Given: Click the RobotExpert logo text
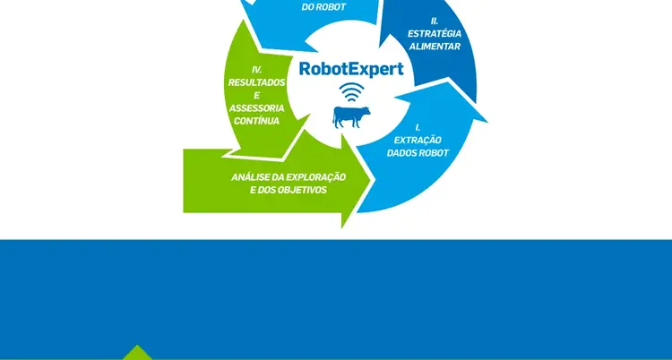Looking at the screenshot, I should click(350, 69).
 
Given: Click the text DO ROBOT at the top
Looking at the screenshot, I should click(324, 7).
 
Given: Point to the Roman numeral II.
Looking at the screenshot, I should click(435, 19).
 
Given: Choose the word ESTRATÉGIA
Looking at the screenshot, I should click(434, 34).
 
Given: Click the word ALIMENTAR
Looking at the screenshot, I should click(434, 47).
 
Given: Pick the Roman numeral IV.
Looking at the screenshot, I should click(257, 69).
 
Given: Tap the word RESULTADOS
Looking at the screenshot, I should click(256, 81).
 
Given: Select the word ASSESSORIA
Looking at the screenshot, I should click(256, 107).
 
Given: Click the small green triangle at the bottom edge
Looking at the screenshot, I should click(136, 353).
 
